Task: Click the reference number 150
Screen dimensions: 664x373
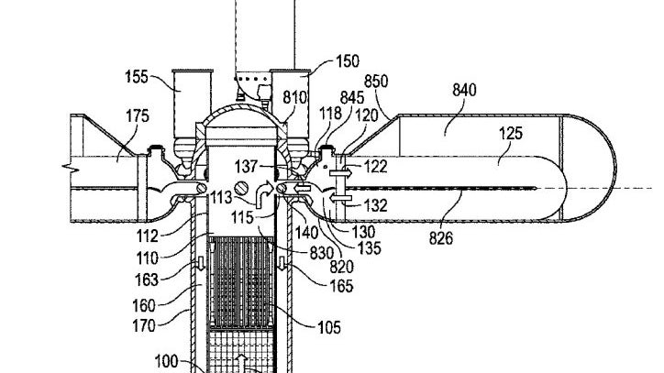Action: point(348,61)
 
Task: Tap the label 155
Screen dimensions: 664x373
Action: point(137,77)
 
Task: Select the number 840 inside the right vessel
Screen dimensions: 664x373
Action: point(465,90)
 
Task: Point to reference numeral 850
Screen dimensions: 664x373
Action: point(376,82)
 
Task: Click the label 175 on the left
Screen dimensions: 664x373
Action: point(138,115)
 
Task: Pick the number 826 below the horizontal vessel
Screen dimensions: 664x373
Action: point(441,238)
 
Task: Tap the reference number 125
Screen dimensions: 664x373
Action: point(511,134)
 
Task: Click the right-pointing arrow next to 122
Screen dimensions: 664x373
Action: point(340,172)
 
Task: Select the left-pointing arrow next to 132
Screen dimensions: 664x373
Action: point(341,198)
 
